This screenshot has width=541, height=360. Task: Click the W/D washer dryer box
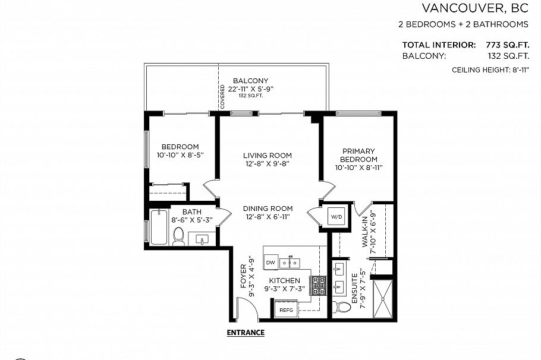337,217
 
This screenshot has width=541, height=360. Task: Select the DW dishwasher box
270,263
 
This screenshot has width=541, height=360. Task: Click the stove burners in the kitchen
319,285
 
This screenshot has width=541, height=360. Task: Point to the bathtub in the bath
159,228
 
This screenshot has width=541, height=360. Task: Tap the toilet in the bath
178,236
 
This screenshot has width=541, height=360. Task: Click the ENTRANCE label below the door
246,333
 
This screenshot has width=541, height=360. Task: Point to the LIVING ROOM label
268,156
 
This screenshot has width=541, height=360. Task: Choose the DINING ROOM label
268,209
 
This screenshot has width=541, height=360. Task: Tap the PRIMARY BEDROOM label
358,156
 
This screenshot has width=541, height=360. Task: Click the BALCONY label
250,81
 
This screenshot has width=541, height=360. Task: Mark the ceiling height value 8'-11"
515,70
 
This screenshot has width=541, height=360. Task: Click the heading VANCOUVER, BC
475,8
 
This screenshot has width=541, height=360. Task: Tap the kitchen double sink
290,262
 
